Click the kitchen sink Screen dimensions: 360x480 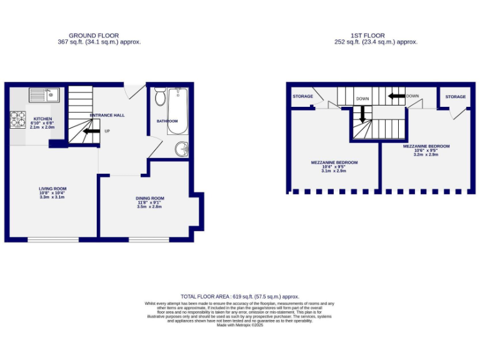[44, 95]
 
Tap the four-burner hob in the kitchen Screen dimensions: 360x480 [17, 119]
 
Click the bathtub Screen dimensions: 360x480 [177, 111]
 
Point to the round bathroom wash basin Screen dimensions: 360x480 [181, 149]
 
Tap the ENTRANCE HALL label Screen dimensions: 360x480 [107, 116]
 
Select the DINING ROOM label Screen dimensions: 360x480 [150, 198]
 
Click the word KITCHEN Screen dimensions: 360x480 [42, 118]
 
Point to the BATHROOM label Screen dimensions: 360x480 [167, 121]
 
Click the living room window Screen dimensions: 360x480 [52, 239]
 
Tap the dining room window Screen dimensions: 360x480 [150, 239]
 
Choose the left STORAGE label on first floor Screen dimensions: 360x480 [302, 96]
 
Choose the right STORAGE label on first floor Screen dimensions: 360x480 [456, 97]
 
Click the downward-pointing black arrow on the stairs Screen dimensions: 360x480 [361, 114]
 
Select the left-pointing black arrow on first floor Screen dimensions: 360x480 [396, 96]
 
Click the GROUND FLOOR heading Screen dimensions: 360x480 [94, 36]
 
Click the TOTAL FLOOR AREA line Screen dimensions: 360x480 [240, 296]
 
